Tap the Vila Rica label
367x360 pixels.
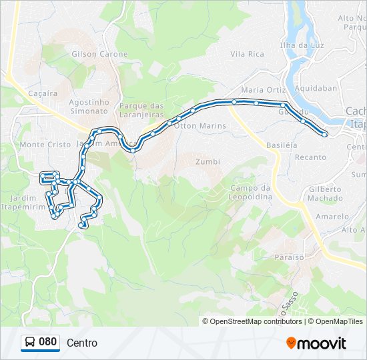(x=247, y=54)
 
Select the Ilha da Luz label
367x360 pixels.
(x=306, y=45)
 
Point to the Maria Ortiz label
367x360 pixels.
(x=264, y=89)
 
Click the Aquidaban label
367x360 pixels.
(x=320, y=88)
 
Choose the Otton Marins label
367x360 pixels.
(x=200, y=125)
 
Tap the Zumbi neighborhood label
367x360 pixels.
(x=208, y=161)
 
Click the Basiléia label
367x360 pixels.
(x=281, y=145)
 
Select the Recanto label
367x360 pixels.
(x=311, y=157)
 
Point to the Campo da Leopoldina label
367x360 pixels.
(x=252, y=193)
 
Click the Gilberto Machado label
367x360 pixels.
(x=325, y=193)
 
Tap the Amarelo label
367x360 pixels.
(x=332, y=217)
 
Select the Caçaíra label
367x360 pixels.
(x=43, y=94)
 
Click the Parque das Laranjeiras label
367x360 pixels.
(x=141, y=110)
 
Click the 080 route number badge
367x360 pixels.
(x=40, y=342)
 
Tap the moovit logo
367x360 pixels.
(x=316, y=343)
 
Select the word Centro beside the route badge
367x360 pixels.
(x=82, y=343)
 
